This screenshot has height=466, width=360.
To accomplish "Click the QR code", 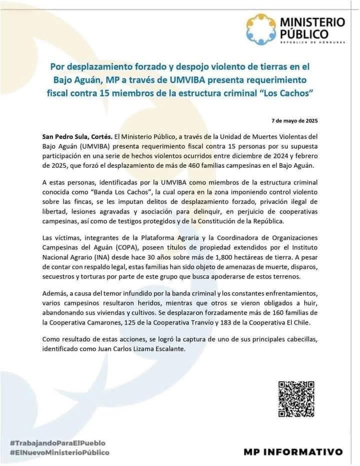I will click(296, 400).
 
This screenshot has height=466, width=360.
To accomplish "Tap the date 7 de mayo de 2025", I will click(294, 121).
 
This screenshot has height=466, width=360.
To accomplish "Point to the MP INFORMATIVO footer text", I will click(293, 452).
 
